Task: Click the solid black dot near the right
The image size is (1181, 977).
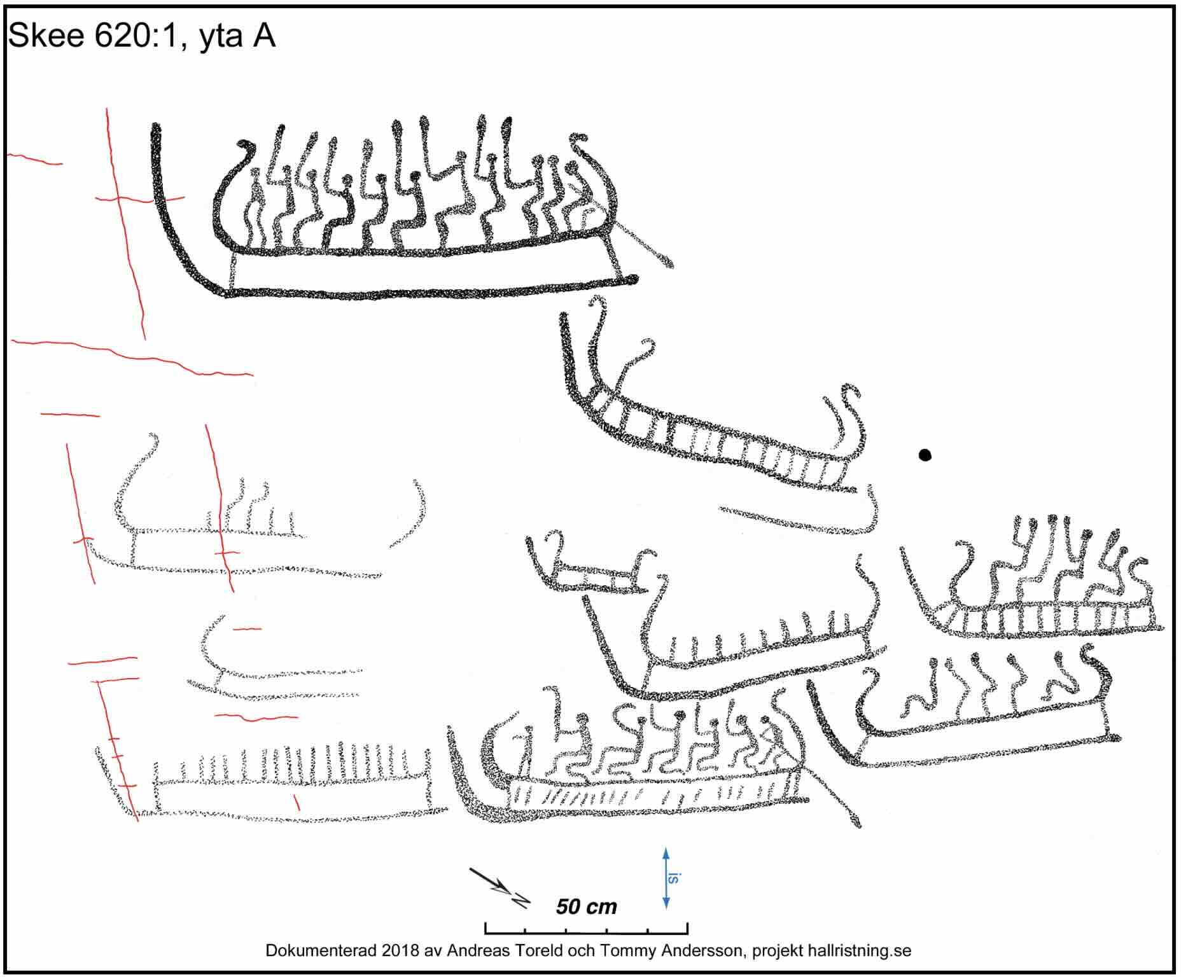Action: point(925,455)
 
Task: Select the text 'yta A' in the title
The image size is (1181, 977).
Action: point(237,36)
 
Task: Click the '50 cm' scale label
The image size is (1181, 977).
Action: point(586,906)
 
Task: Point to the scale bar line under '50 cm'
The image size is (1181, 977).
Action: point(586,933)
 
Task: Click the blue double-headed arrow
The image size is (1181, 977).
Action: point(666,878)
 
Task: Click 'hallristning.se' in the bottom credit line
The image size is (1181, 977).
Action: point(860,951)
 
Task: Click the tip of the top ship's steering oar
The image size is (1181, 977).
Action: point(669,265)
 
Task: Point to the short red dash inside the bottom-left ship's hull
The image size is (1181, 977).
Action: point(296,802)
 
